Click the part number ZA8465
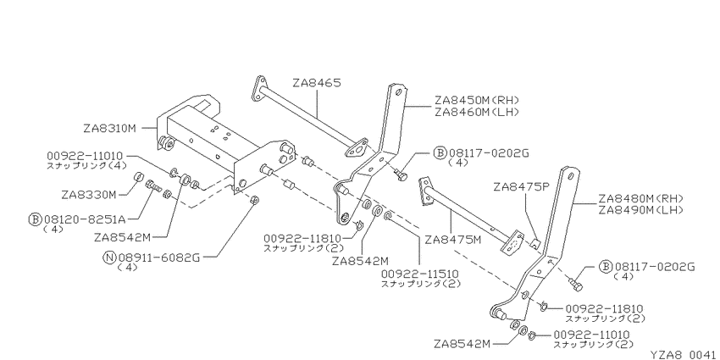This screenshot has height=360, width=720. tap(317, 83)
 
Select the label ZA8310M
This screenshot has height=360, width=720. tap(110, 129)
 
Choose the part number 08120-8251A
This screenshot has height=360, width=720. tap(84, 219)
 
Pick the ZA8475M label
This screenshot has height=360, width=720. tap(452, 240)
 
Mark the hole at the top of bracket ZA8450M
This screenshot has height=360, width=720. tap(397, 92)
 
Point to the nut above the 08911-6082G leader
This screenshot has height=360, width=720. tap(256, 201)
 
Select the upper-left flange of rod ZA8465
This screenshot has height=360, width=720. tap(259, 88)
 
